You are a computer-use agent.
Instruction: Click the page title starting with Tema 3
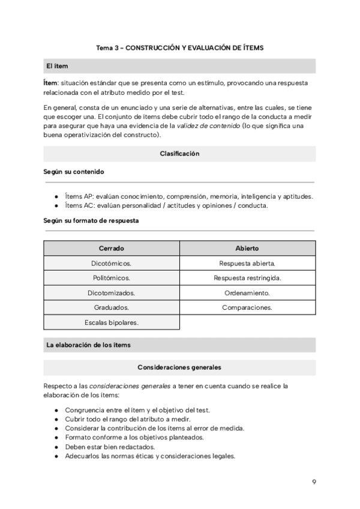click(x=179, y=47)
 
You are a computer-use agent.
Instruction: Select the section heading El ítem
click(x=58, y=66)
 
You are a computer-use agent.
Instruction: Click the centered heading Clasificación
click(x=179, y=154)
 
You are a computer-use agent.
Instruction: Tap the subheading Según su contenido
click(x=74, y=172)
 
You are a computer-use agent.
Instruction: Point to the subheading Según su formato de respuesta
click(x=91, y=220)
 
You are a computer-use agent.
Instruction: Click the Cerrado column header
click(x=112, y=248)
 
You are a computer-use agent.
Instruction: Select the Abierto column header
click(x=247, y=248)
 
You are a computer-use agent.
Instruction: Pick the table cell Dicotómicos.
click(x=112, y=264)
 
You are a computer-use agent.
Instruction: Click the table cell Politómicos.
click(x=112, y=278)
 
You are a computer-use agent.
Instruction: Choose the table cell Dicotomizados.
click(x=112, y=293)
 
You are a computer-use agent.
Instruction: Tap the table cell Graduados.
click(x=112, y=307)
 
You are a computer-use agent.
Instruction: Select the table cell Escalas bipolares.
click(x=112, y=322)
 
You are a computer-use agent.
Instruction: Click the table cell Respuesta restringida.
click(x=247, y=278)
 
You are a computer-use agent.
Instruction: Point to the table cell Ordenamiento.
click(x=247, y=293)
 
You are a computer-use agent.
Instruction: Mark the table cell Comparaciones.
click(x=247, y=307)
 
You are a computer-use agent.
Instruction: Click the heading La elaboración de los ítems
click(x=88, y=345)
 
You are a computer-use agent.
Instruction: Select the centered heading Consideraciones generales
click(x=179, y=367)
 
